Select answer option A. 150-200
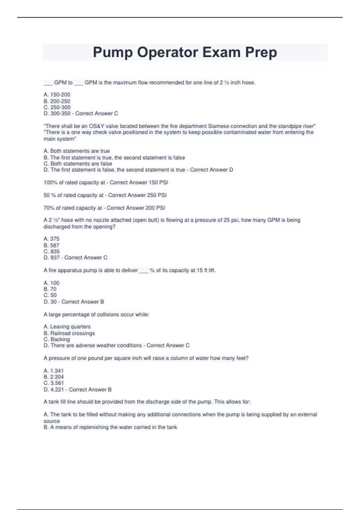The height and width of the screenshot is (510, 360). point(57,94)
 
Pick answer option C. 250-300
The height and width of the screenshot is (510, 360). point(57,107)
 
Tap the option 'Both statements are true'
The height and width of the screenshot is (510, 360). point(77,151)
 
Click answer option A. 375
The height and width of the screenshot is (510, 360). point(52,238)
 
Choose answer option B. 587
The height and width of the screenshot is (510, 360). point(52,245)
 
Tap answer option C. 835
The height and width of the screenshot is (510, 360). point(52,251)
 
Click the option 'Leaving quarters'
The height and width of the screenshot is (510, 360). point(70,326)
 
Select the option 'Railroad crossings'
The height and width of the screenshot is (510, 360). point(72,333)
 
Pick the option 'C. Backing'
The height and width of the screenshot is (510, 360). point(57,339)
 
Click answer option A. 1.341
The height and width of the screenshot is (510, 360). point(54,370)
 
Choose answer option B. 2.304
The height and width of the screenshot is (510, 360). point(54,377)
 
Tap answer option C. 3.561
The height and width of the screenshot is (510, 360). point(54,383)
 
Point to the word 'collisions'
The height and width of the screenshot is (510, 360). point(108,314)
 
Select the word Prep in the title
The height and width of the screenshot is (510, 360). point(261,52)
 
